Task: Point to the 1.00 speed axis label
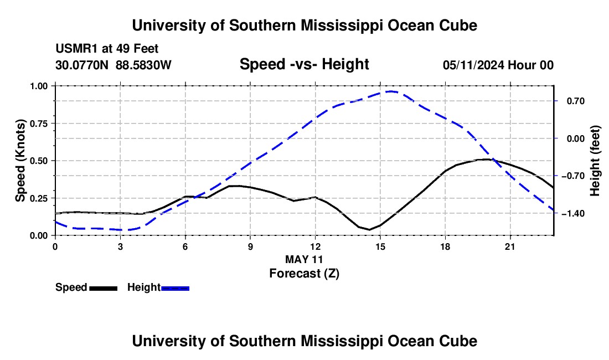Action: tap(39, 86)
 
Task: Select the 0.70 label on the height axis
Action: tap(576, 101)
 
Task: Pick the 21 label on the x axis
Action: tap(510, 246)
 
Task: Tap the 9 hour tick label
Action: tap(250, 246)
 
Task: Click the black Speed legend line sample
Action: tap(104, 289)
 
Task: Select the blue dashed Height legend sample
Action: tap(175, 289)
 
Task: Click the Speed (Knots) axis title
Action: tap(20, 161)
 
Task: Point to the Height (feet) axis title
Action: tap(595, 161)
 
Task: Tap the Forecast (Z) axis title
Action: tap(304, 274)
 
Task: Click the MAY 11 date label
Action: tap(304, 259)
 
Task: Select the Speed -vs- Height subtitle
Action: tap(304, 64)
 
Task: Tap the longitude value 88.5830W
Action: tap(143, 65)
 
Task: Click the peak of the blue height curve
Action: tap(391, 91)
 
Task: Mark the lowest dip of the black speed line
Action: tap(369, 229)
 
